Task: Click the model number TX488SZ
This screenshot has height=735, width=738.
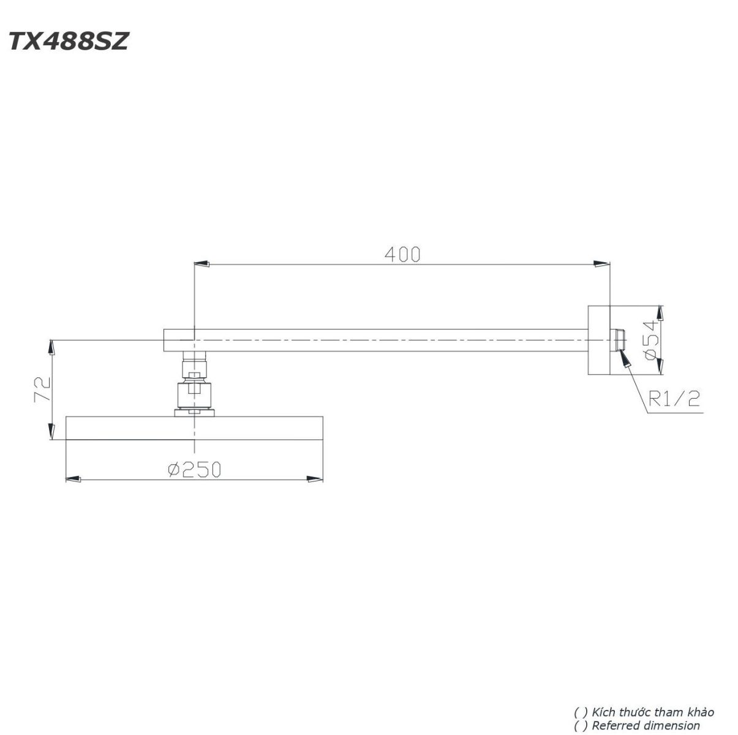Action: click(68, 42)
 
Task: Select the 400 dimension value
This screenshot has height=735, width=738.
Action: click(402, 254)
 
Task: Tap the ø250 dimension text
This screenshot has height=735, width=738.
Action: click(194, 469)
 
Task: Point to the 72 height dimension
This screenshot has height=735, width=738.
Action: click(41, 389)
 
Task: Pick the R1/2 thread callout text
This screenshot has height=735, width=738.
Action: click(674, 399)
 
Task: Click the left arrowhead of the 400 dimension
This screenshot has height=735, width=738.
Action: click(201, 264)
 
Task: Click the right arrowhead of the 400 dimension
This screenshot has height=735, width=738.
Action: click(602, 264)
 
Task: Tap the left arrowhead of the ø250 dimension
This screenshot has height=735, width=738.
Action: click(73, 479)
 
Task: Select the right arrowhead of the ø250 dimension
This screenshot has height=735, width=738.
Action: click(316, 479)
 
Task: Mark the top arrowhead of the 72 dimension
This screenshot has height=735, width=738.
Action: click(51, 347)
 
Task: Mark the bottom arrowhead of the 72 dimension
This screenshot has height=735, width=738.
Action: click(51, 432)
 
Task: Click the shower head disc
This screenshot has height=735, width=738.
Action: click(194, 428)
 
